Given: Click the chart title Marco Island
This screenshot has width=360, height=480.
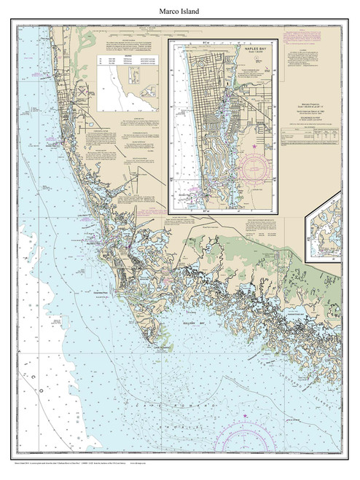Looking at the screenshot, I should [180, 11].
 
